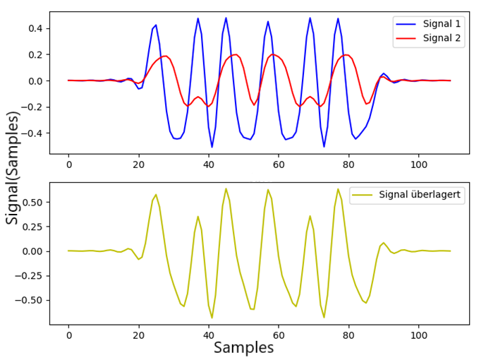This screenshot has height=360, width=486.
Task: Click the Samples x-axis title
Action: tap(243, 347)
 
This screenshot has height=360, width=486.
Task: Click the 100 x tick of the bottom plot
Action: tap(419, 335)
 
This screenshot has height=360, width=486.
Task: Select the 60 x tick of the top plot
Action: tap(279, 164)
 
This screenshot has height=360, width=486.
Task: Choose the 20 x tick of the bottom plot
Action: tap(139, 335)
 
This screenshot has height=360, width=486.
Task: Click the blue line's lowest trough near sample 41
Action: tap(212, 147)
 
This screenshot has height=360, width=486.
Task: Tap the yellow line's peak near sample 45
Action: tap(226, 188)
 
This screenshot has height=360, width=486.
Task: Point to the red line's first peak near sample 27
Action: tap(165, 56)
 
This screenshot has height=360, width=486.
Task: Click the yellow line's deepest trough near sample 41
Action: tap(212, 318)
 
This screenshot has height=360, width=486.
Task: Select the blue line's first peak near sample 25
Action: tap(156, 25)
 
